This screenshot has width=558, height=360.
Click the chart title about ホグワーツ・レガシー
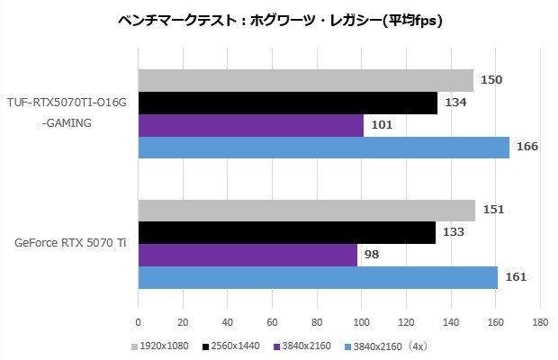click(x=280, y=19)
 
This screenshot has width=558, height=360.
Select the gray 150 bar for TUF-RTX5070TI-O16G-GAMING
click(x=306, y=80)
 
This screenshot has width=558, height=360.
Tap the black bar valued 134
click(x=288, y=103)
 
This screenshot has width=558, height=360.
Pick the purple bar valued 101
click(x=251, y=125)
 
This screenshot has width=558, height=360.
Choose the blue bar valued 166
click(x=324, y=147)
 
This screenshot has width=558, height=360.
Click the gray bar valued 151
click(x=307, y=210)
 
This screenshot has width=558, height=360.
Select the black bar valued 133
click(x=287, y=232)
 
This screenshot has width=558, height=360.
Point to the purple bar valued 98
click(x=247, y=255)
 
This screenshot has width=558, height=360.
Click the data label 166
click(x=527, y=147)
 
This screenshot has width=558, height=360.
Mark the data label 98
click(x=373, y=255)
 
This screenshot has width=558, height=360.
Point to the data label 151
click(x=494, y=210)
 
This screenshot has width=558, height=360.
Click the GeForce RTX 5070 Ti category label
click(x=70, y=244)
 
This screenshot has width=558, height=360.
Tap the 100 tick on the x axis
click(x=362, y=320)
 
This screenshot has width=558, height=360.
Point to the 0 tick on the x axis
click(x=138, y=320)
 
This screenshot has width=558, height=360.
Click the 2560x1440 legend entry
click(x=233, y=346)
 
